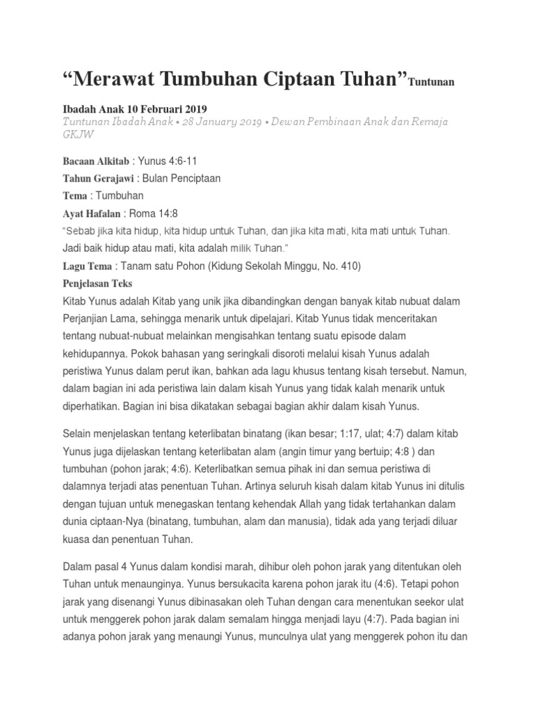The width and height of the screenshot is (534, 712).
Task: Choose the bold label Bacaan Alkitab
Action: (x=90, y=161)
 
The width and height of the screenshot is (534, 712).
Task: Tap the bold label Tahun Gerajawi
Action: (x=94, y=178)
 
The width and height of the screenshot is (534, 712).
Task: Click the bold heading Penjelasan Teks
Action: (x=97, y=284)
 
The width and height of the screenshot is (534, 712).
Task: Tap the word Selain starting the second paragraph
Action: (x=79, y=433)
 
